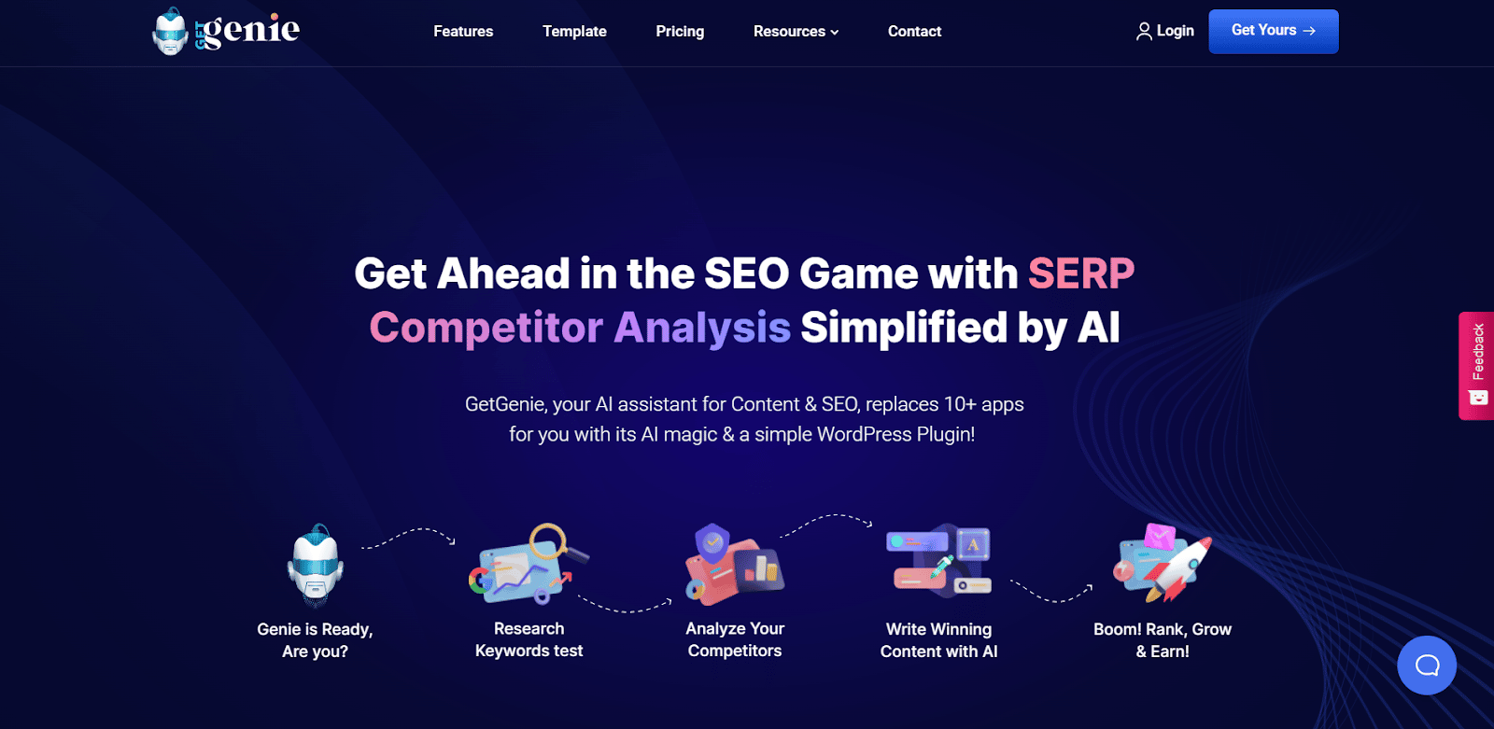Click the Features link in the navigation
[463, 32]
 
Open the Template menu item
[574, 32]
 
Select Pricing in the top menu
[680, 32]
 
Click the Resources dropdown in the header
[796, 32]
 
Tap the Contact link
[914, 32]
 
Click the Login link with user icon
[1164, 32]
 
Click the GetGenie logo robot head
[170, 32]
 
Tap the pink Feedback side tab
[1476, 365]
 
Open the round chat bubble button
[1426, 666]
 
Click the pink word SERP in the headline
[1080, 273]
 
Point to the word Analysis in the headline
[701, 328]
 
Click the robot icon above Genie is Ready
[315, 566]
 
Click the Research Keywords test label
[529, 640]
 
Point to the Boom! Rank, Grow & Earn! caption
[1163, 640]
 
